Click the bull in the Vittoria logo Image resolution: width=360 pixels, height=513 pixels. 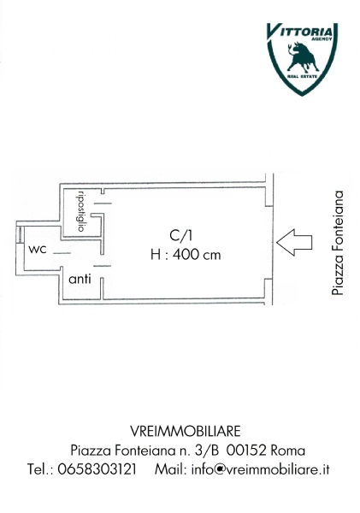coord(302,57)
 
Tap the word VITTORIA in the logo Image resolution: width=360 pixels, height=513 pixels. coord(300,32)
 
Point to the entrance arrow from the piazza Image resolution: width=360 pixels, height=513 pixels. coord(294,243)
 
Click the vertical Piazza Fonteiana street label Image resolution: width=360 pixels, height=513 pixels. coord(338,243)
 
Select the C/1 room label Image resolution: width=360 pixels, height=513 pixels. coord(180,236)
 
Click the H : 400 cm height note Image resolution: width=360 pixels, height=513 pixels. coord(186,255)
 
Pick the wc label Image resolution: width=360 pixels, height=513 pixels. coord(38,250)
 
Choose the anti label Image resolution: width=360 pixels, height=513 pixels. coord(80,279)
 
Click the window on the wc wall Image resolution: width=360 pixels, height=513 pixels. coord(20,234)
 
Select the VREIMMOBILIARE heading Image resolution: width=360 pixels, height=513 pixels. coord(186,431)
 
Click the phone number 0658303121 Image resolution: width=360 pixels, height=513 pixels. coord(97,469)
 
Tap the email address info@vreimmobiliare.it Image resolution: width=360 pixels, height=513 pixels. coord(260,469)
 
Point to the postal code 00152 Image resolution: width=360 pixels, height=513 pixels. coord(246,451)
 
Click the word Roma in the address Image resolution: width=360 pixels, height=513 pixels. coord(288,451)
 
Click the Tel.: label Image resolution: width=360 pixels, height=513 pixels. coord(40,469)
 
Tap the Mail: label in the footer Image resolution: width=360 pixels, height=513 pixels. coord(171,469)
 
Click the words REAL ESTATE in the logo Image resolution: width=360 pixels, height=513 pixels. coord(302,77)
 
